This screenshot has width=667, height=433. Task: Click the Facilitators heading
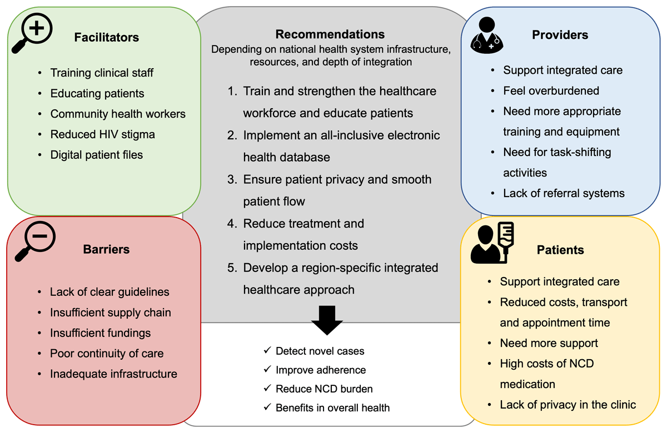pyautogui.click(x=106, y=38)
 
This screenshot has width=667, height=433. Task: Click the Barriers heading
pyautogui.click(x=106, y=249)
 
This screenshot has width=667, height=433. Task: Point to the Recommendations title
pyautogui.click(x=330, y=34)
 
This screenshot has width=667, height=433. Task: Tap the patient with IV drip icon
pyautogui.click(x=492, y=243)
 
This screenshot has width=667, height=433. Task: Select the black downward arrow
pyautogui.click(x=327, y=320)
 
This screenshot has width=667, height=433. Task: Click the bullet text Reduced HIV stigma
pyautogui.click(x=102, y=134)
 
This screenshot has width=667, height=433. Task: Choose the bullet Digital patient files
pyautogui.click(x=96, y=155)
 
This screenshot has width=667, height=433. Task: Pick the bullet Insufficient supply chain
pyautogui.click(x=110, y=313)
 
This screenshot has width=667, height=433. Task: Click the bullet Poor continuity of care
pyautogui.click(x=107, y=354)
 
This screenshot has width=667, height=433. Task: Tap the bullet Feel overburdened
pyautogui.click(x=543, y=90)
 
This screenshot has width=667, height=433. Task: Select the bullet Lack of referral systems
pyautogui.click(x=564, y=193)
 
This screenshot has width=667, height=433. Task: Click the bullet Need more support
pyautogui.click(x=549, y=343)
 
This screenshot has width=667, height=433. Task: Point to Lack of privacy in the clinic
pyautogui.click(x=568, y=404)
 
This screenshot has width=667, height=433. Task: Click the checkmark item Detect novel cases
pyautogui.click(x=320, y=350)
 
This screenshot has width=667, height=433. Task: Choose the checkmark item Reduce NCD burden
pyautogui.click(x=324, y=389)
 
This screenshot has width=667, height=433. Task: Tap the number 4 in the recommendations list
pyautogui.click(x=232, y=224)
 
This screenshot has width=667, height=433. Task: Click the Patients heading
pyautogui.click(x=560, y=250)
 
